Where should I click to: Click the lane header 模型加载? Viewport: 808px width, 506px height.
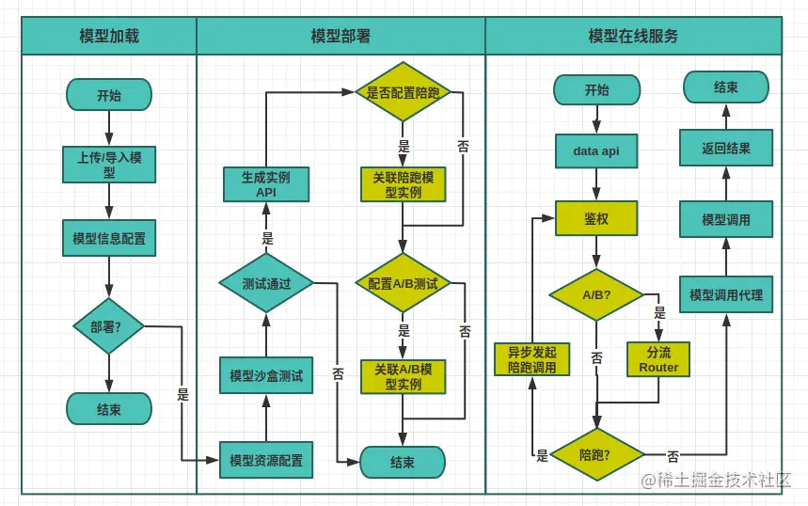click(x=109, y=37)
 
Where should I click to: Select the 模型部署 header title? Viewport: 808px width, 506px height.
click(x=341, y=37)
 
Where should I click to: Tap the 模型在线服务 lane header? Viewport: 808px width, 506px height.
click(x=633, y=37)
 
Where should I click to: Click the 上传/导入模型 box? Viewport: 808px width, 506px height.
click(x=109, y=165)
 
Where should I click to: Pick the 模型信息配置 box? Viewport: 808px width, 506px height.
click(x=109, y=238)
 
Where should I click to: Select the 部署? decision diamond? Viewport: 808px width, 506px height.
click(x=109, y=326)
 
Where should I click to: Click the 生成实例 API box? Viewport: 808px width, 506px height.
click(x=266, y=184)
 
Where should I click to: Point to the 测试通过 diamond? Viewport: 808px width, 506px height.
click(x=266, y=283)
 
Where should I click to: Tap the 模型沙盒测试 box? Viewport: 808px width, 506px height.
click(x=266, y=375)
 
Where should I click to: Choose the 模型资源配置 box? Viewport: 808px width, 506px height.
click(x=266, y=461)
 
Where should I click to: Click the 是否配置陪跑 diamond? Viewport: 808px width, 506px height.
click(x=403, y=92)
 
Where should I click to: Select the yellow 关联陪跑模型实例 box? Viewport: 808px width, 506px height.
click(x=403, y=184)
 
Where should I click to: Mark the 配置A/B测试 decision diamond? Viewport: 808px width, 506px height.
click(x=403, y=283)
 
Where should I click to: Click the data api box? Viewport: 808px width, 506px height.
click(x=596, y=150)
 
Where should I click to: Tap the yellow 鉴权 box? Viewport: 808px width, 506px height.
click(x=596, y=218)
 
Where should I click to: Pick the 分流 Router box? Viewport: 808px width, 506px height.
click(x=658, y=359)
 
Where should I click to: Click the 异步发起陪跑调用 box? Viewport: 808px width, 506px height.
click(x=531, y=359)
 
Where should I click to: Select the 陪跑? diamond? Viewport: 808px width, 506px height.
click(x=596, y=455)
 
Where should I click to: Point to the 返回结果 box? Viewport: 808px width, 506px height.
click(x=725, y=149)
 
